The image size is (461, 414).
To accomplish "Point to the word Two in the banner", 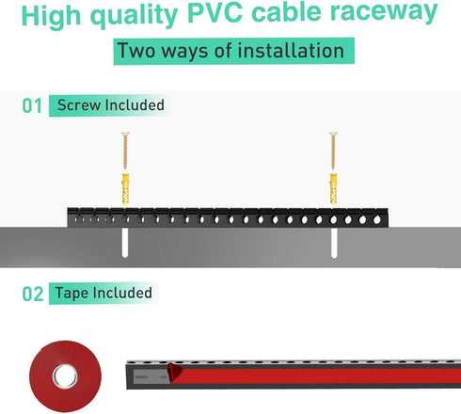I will tap(137, 51).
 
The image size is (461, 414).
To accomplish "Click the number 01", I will tap(33, 106).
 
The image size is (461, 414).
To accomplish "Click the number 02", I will tap(33, 294).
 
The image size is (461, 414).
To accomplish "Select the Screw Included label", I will tap(110, 105).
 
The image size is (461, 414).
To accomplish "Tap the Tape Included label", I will tap(104, 294).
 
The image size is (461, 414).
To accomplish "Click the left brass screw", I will tap(122, 151).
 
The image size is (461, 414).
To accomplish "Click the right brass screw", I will tap(331, 151).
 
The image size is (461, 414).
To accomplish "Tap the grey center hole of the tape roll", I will tap(63, 378).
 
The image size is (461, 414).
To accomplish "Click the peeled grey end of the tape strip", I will tap(154, 376).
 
